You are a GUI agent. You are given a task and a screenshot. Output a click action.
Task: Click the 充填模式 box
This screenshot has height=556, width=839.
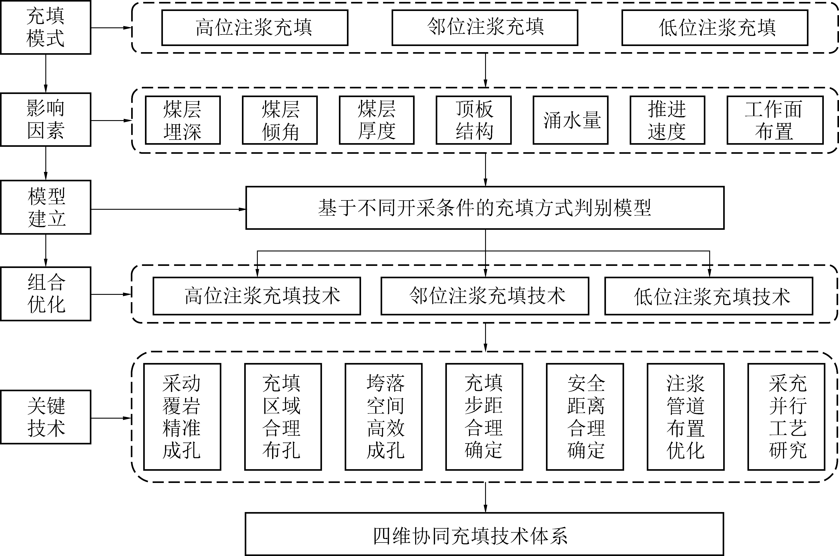45,27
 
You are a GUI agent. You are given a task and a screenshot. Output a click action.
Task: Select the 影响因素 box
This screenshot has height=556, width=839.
45,119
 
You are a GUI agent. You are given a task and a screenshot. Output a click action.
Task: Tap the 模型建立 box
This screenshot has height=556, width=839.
45,207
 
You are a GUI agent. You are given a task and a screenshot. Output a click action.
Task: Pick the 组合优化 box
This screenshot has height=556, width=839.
45,294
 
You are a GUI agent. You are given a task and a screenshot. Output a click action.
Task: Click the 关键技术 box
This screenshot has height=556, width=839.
45,417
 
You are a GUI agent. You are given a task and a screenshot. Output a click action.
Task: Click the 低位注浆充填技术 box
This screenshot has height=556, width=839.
709,296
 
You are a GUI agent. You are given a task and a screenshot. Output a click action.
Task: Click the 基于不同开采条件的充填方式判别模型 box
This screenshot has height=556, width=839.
485,208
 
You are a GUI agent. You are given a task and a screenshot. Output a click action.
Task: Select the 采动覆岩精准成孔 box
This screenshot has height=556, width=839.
182,417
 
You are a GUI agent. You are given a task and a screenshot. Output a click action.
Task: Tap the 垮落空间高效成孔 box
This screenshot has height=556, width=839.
384,417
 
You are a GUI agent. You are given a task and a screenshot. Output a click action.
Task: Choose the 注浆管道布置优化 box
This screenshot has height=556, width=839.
685,417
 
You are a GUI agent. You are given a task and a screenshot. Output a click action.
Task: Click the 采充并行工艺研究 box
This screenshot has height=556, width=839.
786,417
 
